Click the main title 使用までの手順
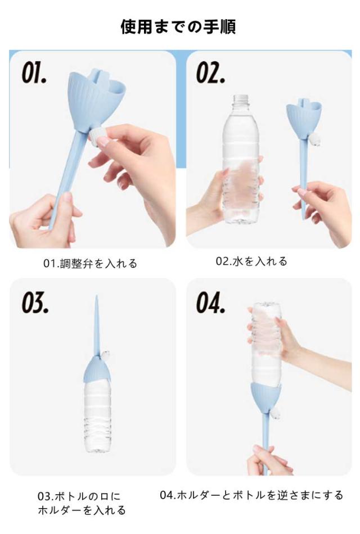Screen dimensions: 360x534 (x=178, y=26)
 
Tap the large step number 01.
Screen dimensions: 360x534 (x=34, y=73)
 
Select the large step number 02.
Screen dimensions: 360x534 (x=210, y=73)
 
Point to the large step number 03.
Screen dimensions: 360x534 (x=35, y=302)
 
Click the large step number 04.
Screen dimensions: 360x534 (x=210, y=302)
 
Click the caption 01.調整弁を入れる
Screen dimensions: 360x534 (x=90, y=263)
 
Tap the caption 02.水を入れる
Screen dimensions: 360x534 (x=251, y=261)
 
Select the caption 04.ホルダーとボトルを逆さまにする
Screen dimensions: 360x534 (x=251, y=495)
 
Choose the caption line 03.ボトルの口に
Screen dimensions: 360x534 (x=79, y=496)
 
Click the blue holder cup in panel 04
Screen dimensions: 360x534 (x=265, y=396)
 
